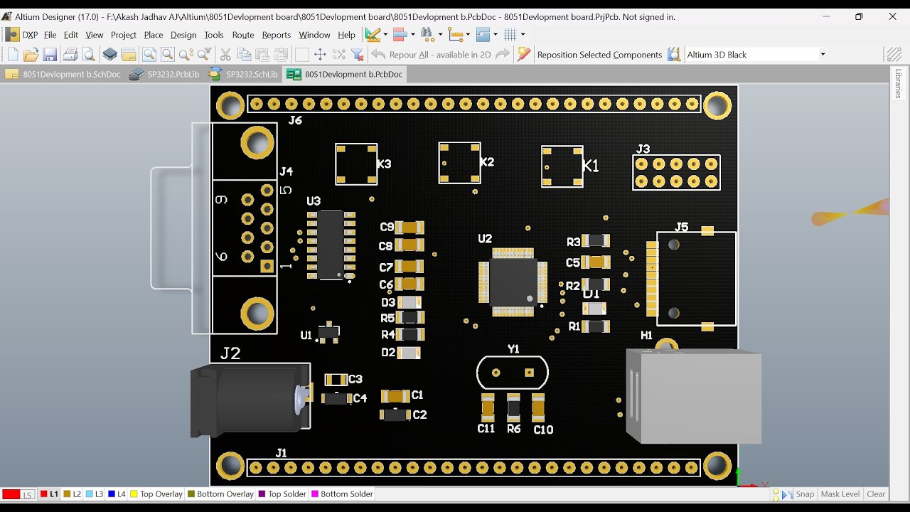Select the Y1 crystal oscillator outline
(x=513, y=373)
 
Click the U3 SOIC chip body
(x=331, y=245)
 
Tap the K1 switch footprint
(x=562, y=166)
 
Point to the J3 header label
(x=643, y=149)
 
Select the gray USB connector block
(x=693, y=396)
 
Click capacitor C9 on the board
(x=409, y=228)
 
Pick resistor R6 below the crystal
(x=513, y=407)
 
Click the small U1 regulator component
(x=328, y=332)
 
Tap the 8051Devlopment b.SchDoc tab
(x=64, y=74)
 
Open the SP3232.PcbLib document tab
(x=166, y=74)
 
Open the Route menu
(x=243, y=35)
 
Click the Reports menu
(x=276, y=35)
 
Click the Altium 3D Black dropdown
(x=756, y=55)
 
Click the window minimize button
(x=826, y=16)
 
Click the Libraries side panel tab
(x=899, y=84)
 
